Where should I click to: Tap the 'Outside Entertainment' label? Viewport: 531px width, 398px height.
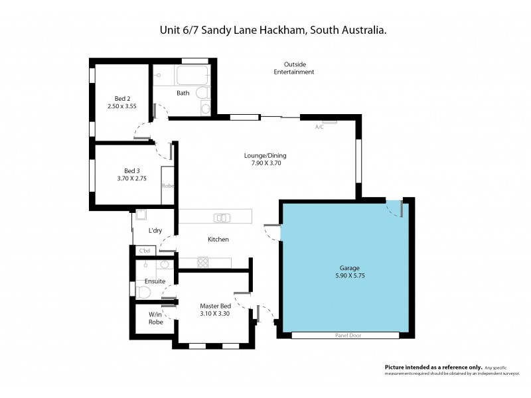[294, 68]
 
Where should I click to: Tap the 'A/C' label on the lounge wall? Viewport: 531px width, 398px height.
[319, 127]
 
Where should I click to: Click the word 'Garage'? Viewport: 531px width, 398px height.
[348, 268]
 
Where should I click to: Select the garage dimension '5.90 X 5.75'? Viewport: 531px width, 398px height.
[348, 276]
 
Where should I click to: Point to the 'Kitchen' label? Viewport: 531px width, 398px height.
[218, 239]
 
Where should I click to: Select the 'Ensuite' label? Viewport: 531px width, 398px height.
[155, 281]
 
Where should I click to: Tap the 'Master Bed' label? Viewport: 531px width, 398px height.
[214, 306]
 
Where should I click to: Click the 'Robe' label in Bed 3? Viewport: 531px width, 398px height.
[167, 186]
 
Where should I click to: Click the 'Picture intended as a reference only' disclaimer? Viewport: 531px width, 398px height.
[433, 367]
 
